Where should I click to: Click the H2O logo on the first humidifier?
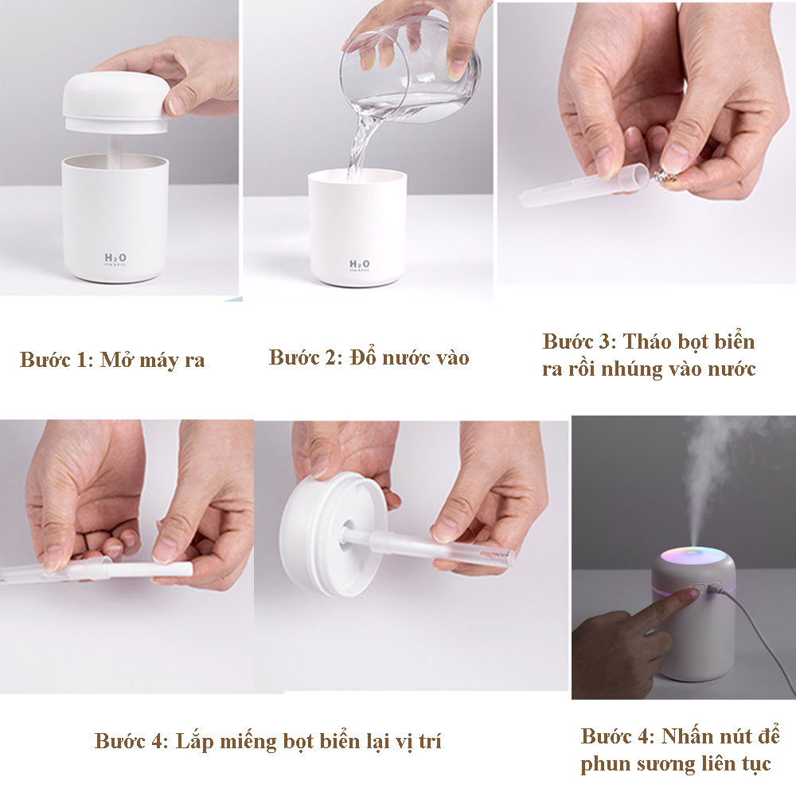[115, 259]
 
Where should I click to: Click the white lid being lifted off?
[115, 103]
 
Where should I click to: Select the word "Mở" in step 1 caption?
[116, 360]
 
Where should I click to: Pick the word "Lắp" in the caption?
[193, 742]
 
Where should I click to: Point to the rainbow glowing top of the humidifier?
[693, 555]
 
